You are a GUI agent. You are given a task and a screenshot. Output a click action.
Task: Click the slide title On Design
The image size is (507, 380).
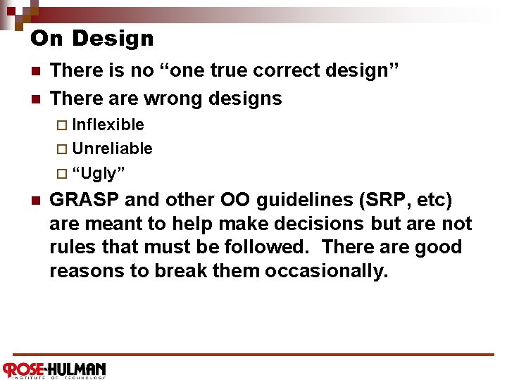pos(92,38)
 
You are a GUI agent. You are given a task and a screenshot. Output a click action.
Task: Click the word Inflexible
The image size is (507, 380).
pos(108,125)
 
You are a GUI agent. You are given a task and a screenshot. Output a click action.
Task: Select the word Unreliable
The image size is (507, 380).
pos(112,148)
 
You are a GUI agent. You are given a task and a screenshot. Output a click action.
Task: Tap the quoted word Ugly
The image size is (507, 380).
pos(99,173)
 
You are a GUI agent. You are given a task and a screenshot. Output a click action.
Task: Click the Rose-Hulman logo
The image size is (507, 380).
pos(54,369)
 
